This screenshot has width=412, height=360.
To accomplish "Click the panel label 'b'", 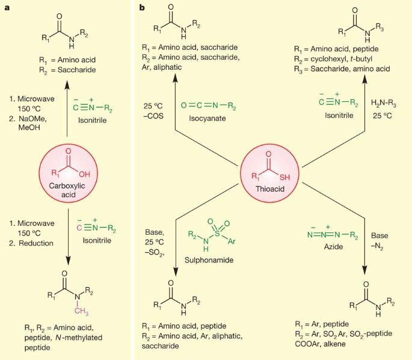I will pyautogui.click(x=142, y=7).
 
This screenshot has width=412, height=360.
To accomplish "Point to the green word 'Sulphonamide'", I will pyautogui.click(x=213, y=262).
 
